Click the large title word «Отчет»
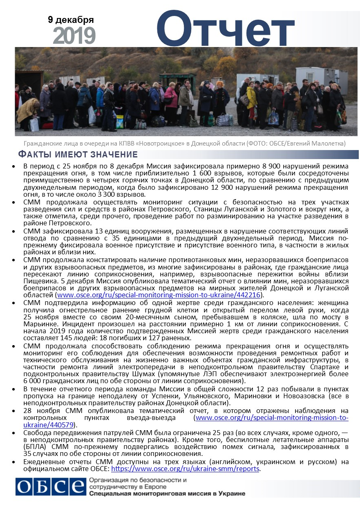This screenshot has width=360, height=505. point(225,29)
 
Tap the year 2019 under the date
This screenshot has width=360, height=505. point(74,36)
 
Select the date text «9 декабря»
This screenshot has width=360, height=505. point(71,20)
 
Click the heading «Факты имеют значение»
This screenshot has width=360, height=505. point(78,154)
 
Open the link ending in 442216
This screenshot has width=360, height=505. point(160,295)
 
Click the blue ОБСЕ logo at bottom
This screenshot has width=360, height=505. point(49,486)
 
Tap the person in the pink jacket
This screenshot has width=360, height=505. point(171,98)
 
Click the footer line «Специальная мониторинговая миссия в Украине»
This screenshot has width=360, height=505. point(167,493)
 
